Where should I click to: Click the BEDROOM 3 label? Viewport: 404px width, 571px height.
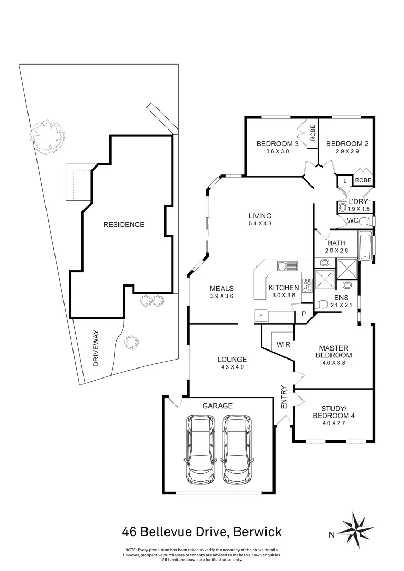pos(278,144)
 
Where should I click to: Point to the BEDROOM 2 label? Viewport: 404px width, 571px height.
pos(347,144)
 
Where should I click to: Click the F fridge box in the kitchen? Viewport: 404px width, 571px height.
pos(260,316)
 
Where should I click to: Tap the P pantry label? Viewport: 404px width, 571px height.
pos(304,312)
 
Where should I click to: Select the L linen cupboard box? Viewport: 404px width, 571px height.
pos(345,181)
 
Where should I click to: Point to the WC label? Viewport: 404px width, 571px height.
pos(353,220)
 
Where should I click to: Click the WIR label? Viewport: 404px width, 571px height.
pos(282,344)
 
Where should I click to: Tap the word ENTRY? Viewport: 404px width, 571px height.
pos(283,397)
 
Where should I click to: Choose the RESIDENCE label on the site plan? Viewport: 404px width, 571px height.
pos(123,224)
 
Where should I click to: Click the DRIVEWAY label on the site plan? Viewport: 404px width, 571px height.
pos(96,351)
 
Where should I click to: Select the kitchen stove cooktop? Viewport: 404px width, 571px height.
pos(307,285)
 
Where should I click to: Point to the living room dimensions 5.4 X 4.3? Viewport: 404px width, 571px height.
pos(260,224)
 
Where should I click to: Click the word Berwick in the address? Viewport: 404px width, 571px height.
pos(254,531)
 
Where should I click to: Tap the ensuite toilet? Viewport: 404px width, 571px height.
pos(321,303)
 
